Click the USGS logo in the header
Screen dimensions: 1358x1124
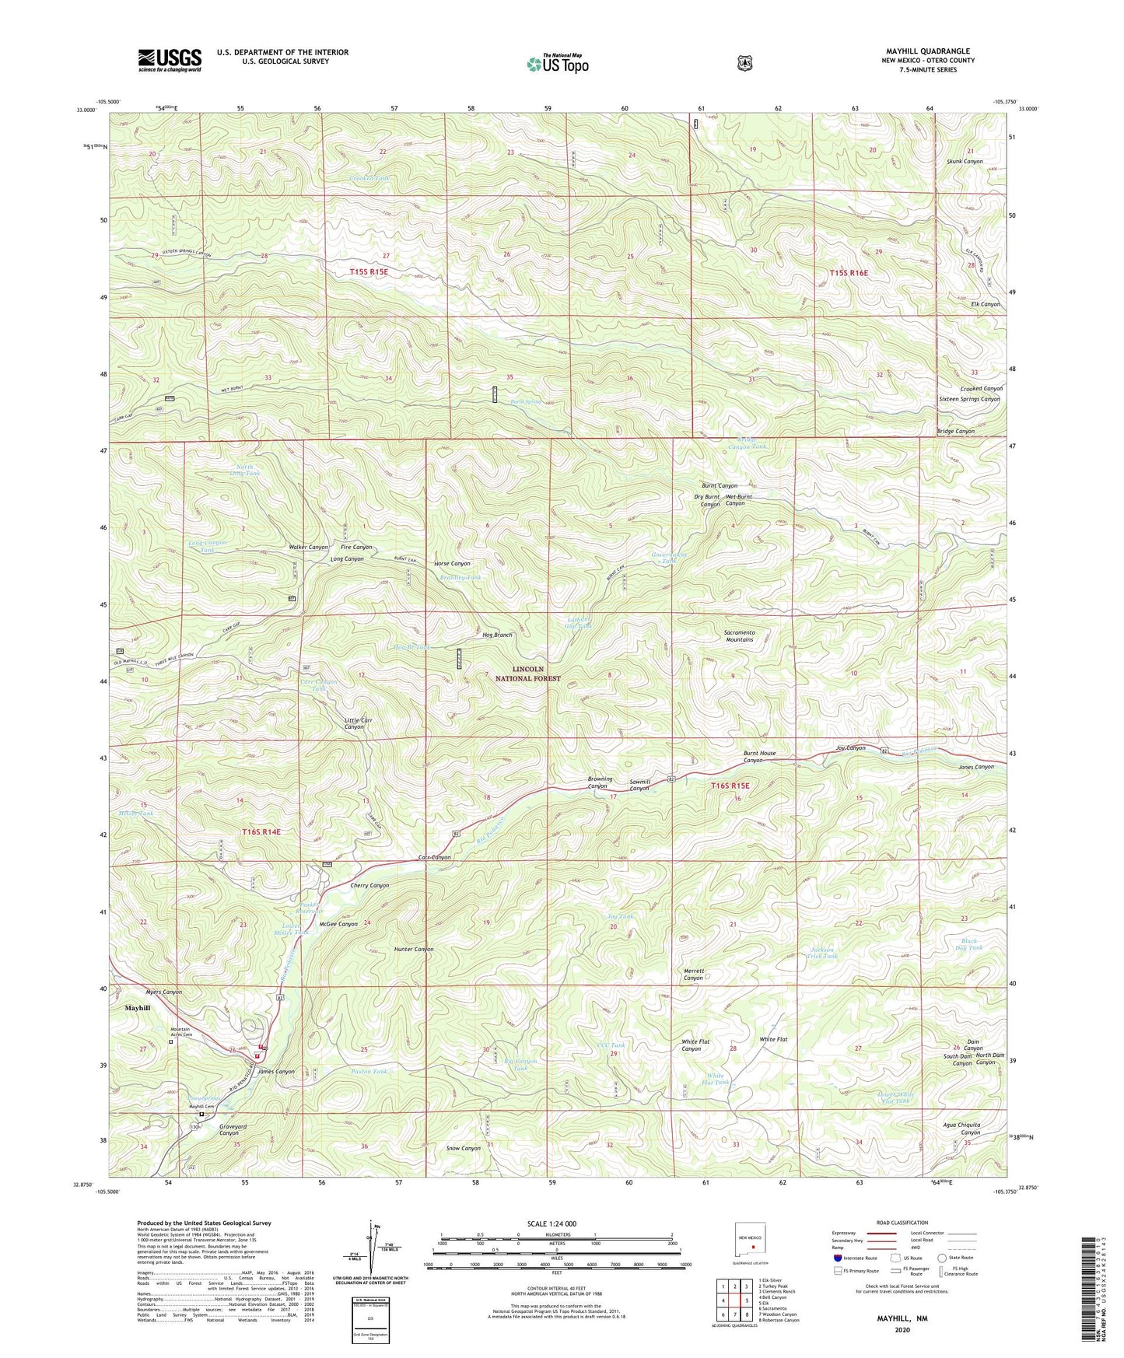tap(170, 60)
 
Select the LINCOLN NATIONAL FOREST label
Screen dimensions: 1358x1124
tap(527, 674)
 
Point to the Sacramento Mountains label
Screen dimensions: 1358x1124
tap(739, 635)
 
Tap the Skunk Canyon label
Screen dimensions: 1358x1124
tap(965, 162)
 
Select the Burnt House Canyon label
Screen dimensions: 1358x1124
tap(758, 757)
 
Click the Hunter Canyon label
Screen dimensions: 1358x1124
tap(413, 949)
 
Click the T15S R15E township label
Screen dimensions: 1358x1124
tap(369, 271)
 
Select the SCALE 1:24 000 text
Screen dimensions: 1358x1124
tap(551, 1223)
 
